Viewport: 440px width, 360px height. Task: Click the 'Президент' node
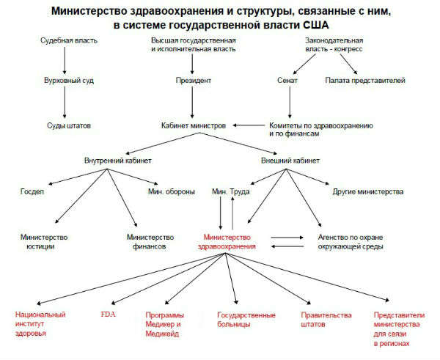[194, 81]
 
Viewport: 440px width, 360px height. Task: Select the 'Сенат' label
[287, 81]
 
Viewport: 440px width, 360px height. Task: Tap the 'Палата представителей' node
[365, 81]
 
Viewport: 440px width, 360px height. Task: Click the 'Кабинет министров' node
[194, 125]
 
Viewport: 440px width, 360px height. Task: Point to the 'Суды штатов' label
[69, 125]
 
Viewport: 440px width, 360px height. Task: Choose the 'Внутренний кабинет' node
[118, 161]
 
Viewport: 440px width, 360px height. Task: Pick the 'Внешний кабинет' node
[290, 161]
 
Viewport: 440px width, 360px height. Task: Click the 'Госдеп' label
[32, 192]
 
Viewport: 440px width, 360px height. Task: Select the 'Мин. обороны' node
[172, 192]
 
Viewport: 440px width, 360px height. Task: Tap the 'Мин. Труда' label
[231, 192]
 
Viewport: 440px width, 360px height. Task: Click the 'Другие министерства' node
[368, 192]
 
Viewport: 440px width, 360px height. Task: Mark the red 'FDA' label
[108, 315]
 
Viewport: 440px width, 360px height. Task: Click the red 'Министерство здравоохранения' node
[227, 242]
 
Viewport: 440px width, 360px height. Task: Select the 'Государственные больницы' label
[246, 320]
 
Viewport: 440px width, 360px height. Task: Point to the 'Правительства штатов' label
[326, 320]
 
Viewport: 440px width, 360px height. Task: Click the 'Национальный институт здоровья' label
[40, 324]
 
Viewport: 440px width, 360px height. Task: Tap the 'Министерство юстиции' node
[44, 242]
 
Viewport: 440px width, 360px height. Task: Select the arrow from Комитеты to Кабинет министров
[249, 125]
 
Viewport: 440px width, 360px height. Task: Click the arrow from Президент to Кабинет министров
[192, 103]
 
